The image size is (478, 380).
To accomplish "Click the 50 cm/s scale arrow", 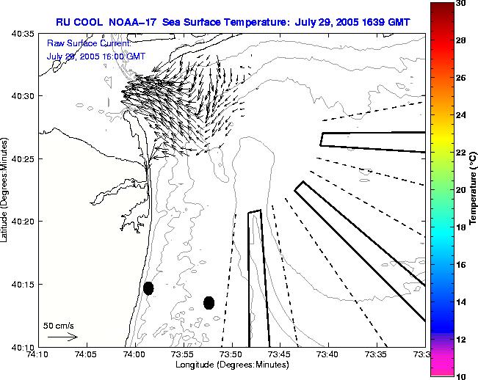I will (x=62, y=337).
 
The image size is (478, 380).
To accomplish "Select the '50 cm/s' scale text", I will (x=59, y=325).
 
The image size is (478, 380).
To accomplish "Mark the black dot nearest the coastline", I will (x=148, y=288).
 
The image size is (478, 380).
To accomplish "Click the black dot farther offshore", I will (x=209, y=302).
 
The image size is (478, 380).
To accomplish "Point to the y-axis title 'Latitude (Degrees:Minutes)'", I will (x=6, y=191).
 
